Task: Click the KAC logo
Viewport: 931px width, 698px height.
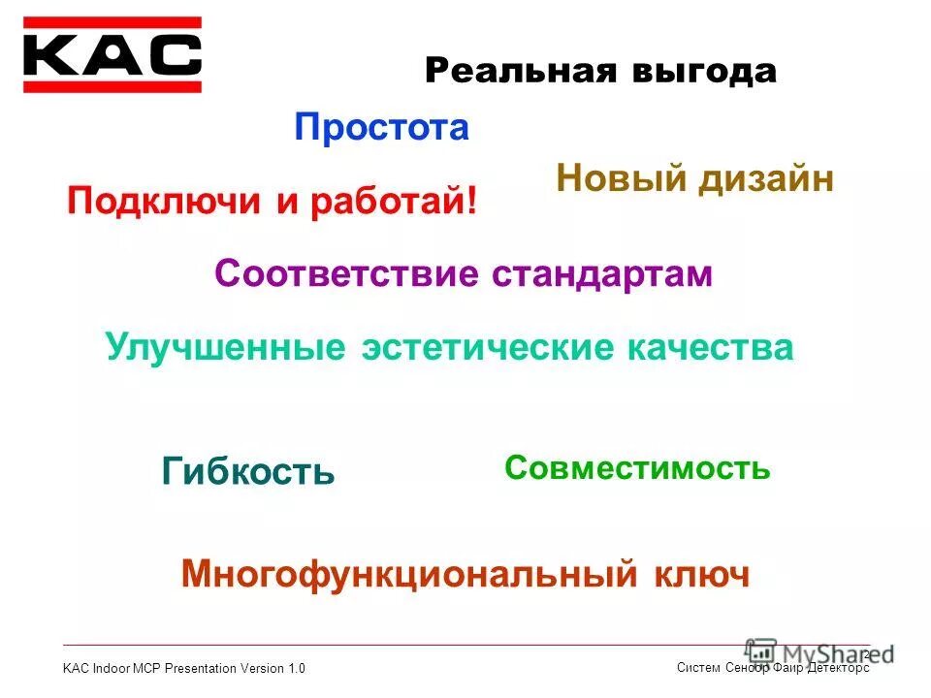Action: [x=112, y=55]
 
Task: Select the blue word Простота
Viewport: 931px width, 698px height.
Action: [x=382, y=127]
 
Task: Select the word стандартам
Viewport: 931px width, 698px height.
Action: [x=602, y=274]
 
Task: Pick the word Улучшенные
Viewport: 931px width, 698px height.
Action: [x=225, y=347]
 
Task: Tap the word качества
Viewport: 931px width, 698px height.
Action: [x=710, y=347]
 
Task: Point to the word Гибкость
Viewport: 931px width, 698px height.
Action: [x=248, y=472]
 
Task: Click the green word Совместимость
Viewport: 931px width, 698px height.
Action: [x=637, y=468]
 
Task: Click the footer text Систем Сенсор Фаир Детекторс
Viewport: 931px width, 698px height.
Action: [x=772, y=667]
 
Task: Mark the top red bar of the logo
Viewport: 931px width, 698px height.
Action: [x=112, y=22]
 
